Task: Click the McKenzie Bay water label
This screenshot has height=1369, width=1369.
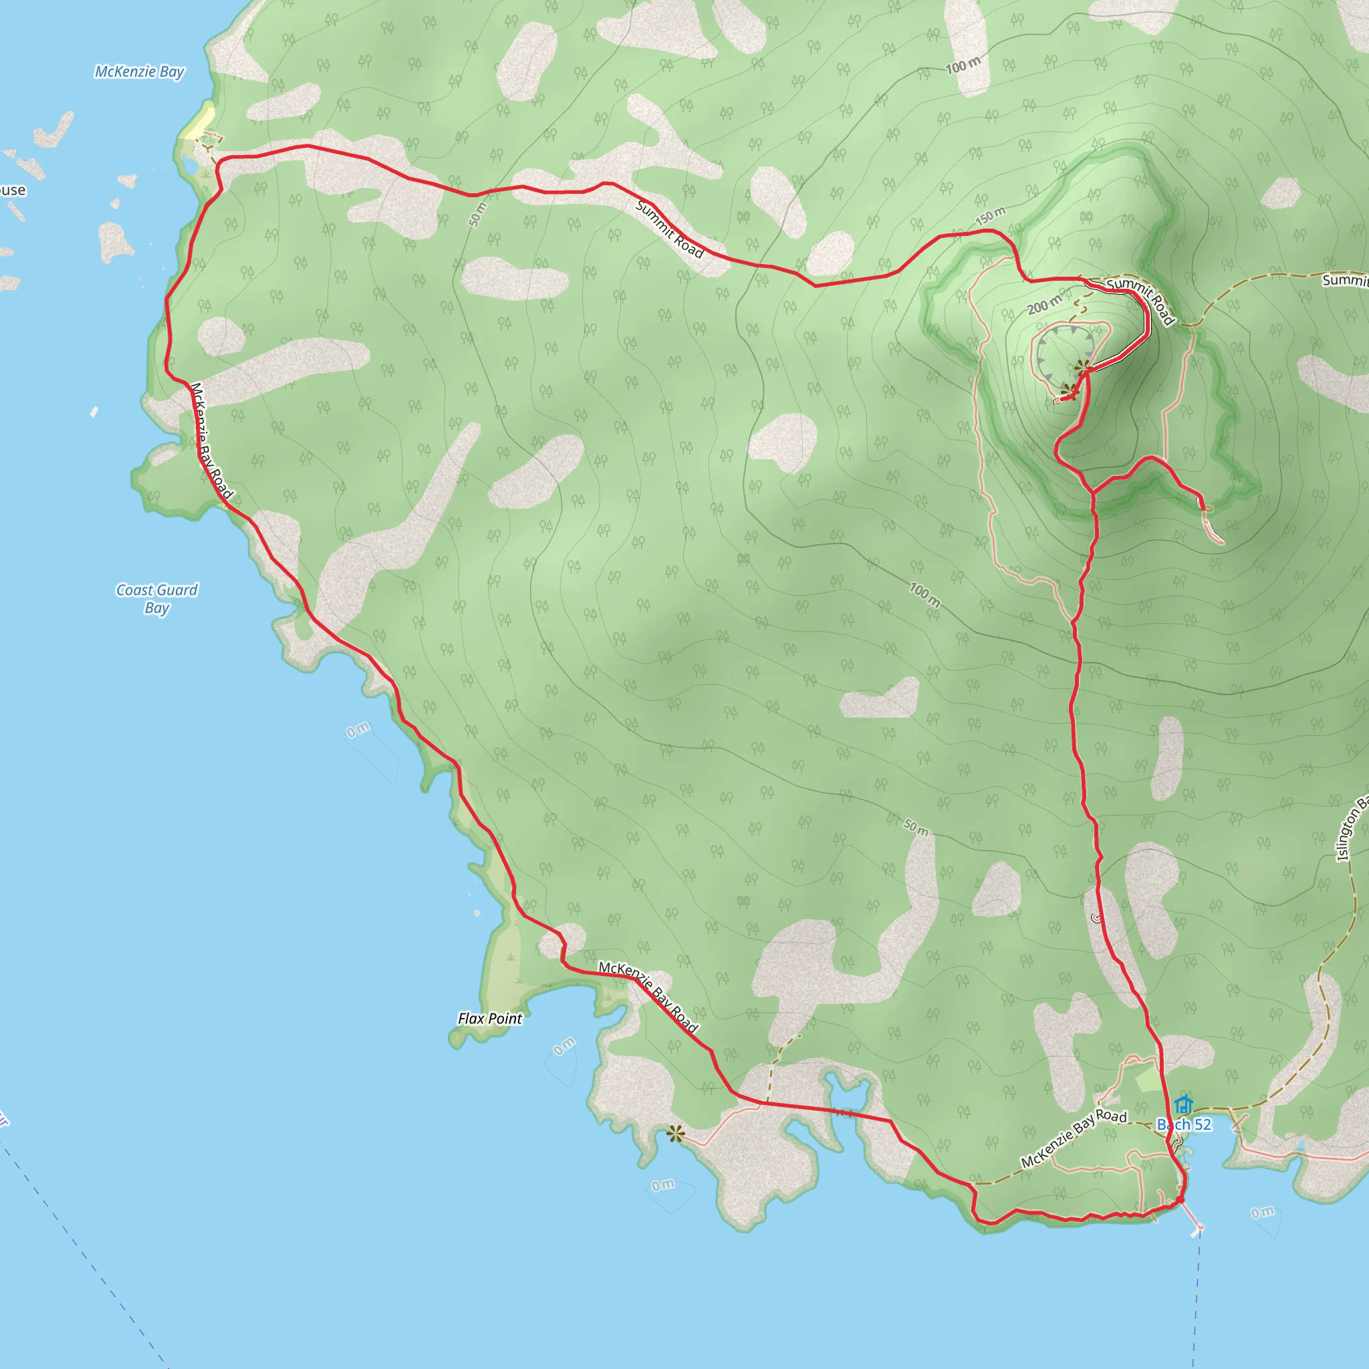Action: click(x=140, y=72)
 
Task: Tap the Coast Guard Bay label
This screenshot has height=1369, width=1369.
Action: click(x=156, y=599)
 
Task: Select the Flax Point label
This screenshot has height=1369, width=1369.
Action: click(x=489, y=1018)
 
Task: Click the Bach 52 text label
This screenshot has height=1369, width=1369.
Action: click(x=1184, y=1124)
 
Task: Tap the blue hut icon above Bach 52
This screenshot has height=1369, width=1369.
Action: click(x=1183, y=1106)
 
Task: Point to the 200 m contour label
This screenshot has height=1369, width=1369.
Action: click(x=1045, y=305)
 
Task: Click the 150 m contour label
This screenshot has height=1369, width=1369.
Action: click(x=990, y=215)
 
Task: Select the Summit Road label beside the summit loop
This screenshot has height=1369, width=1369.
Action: click(x=1141, y=300)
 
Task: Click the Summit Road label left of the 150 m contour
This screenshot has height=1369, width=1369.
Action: click(x=670, y=229)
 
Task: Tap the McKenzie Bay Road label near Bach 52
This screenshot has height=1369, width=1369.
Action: click(x=1074, y=1138)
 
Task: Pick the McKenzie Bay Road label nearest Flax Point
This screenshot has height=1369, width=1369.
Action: click(x=648, y=997)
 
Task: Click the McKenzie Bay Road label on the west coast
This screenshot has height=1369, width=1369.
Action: click(x=211, y=441)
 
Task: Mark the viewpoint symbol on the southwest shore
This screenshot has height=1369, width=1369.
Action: click(x=674, y=1134)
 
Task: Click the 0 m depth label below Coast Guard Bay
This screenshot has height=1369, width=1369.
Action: click(x=358, y=729)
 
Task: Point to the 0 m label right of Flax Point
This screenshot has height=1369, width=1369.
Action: click(x=564, y=1046)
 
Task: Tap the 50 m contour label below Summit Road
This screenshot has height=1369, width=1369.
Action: click(x=477, y=214)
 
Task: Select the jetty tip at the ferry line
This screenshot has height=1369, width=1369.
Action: click(x=1199, y=1228)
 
